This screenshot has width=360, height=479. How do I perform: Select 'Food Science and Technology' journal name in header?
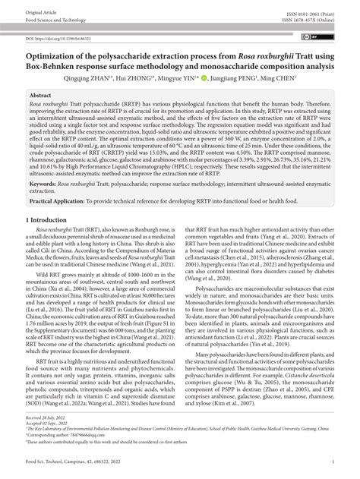tap(57, 20)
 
